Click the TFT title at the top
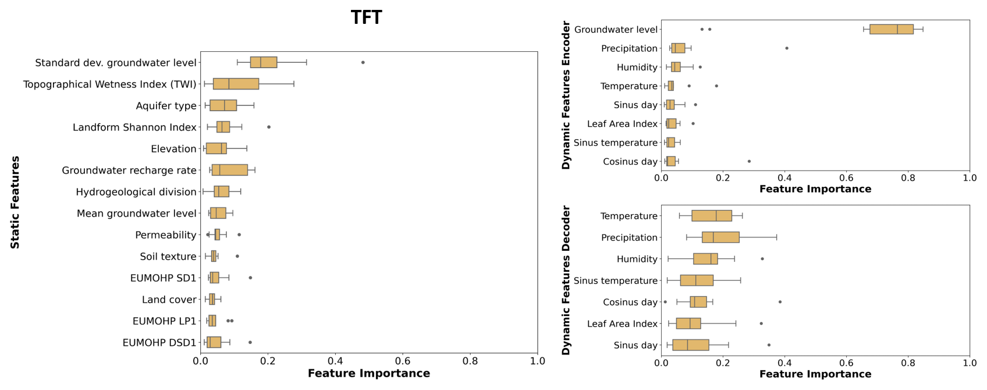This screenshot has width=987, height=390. point(366,17)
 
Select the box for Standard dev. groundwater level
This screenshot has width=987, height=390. point(264,62)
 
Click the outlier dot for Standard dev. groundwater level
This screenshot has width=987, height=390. point(363,62)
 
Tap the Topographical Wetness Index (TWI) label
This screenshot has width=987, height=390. point(110,84)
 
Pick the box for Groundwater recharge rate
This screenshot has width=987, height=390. point(230,170)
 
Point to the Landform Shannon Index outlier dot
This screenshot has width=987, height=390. point(268,127)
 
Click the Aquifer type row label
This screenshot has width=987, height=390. point(166,106)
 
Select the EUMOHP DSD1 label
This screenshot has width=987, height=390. point(159,343)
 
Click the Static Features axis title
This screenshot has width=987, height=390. point(15,203)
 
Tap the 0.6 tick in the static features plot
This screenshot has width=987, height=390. point(403,361)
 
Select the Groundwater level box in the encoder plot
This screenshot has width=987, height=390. point(892,29)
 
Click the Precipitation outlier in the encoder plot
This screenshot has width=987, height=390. point(787,48)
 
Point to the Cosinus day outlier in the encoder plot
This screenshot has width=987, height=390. point(749,161)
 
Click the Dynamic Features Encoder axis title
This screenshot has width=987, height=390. point(566,95)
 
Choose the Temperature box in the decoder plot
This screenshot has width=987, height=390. point(712,216)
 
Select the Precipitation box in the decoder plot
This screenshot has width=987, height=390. point(720,237)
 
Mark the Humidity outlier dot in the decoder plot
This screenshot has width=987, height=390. point(762,259)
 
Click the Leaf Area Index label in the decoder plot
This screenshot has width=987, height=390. point(622,324)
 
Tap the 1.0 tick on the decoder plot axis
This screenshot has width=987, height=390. point(970,362)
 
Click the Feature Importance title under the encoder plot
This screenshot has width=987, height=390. point(815,189)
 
